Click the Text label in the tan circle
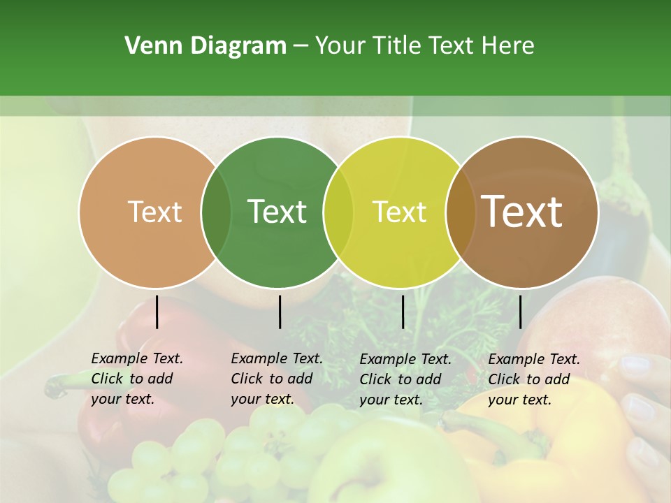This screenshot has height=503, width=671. (x=154, y=212)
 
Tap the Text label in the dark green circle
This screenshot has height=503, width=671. (x=277, y=212)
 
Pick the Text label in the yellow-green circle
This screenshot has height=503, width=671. (x=399, y=212)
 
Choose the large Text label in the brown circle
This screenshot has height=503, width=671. (x=522, y=212)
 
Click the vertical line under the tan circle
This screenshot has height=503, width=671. (x=157, y=312)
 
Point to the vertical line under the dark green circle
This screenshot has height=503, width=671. (x=280, y=312)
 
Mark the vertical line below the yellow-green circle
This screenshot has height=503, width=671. (x=403, y=312)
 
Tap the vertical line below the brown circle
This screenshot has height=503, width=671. (x=520, y=312)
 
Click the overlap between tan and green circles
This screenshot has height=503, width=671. (x=216, y=212)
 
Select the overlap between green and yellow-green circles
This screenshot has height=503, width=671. (x=338, y=212)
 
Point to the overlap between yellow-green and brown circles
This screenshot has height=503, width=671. (x=461, y=212)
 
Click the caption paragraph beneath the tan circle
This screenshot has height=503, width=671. (x=136, y=379)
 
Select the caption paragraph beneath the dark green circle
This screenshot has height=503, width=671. (x=276, y=379)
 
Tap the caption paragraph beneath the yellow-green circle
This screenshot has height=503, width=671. (x=405, y=379)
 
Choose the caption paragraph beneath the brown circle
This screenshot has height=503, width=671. (x=533, y=379)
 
